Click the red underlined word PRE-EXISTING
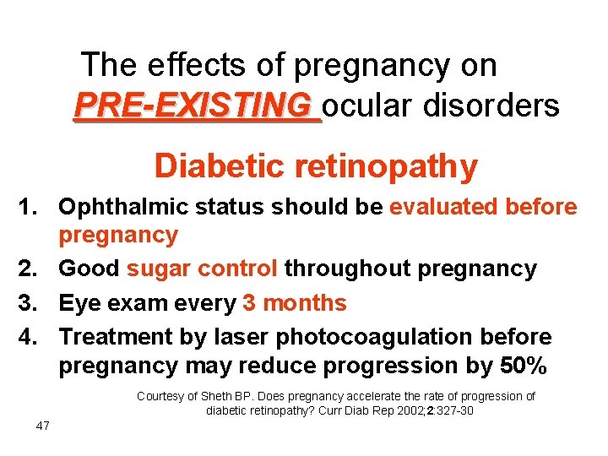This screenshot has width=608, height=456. tap(193, 106)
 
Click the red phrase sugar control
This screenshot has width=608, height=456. tap(202, 269)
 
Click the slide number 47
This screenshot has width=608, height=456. tap(42, 426)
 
